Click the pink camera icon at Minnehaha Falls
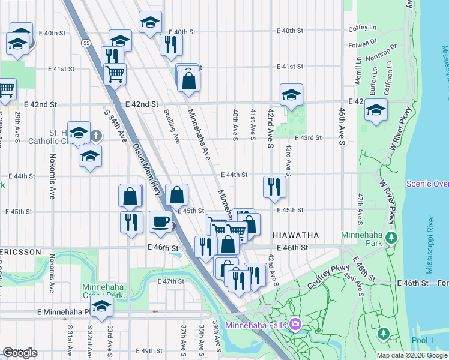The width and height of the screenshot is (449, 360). (295, 325)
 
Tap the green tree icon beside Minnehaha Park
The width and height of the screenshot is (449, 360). (391, 238)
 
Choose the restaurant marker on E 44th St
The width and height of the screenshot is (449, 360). (274, 187)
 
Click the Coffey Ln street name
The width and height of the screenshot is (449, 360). (361, 28)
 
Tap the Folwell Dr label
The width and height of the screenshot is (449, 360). (363, 44)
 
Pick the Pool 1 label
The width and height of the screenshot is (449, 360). (423, 340)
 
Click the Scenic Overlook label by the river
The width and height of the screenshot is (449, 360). (427, 184)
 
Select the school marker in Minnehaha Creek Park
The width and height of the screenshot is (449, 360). (102, 306)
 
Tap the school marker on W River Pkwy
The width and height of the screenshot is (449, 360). (376, 110)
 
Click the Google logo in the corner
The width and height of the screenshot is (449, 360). (20, 352)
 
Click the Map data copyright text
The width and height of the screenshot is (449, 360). (412, 355)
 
